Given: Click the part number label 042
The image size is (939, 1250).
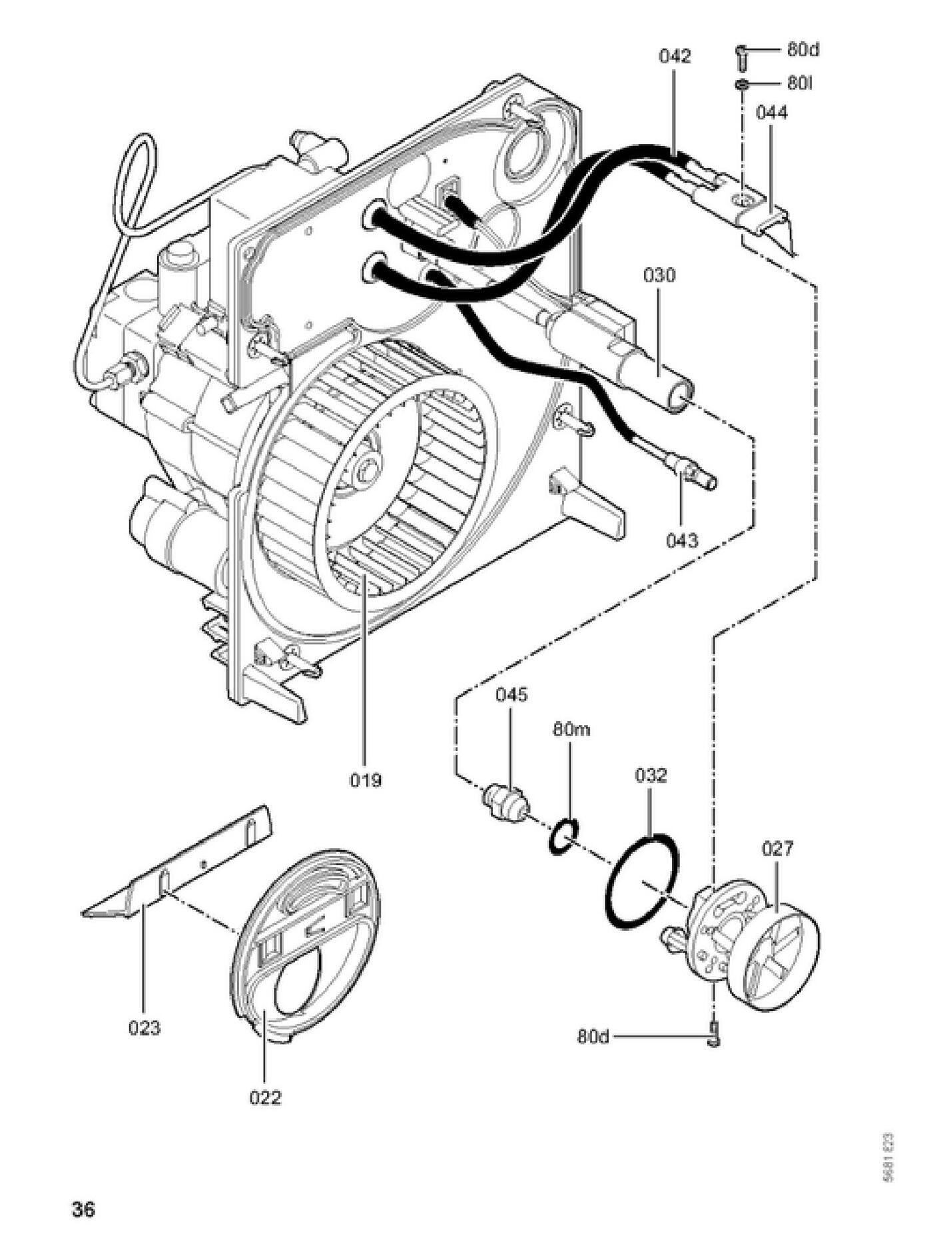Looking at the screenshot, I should [675, 57].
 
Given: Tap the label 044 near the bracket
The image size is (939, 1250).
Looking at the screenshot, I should [771, 113].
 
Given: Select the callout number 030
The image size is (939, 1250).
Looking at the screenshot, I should [659, 275].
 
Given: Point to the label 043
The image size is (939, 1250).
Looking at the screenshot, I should [683, 540].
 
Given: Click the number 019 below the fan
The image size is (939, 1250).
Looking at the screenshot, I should [366, 779].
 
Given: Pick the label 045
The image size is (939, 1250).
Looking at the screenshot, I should [511, 695].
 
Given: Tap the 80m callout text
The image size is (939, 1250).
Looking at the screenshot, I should [571, 730].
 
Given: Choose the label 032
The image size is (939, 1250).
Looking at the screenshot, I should [650, 776].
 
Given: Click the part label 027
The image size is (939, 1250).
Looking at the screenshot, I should [777, 849].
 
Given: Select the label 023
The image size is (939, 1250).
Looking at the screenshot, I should [145, 1028].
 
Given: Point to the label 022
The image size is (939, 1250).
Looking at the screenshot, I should [265, 1097].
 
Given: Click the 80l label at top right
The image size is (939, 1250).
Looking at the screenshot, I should [799, 83].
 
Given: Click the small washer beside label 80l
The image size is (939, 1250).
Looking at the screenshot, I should [742, 85].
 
